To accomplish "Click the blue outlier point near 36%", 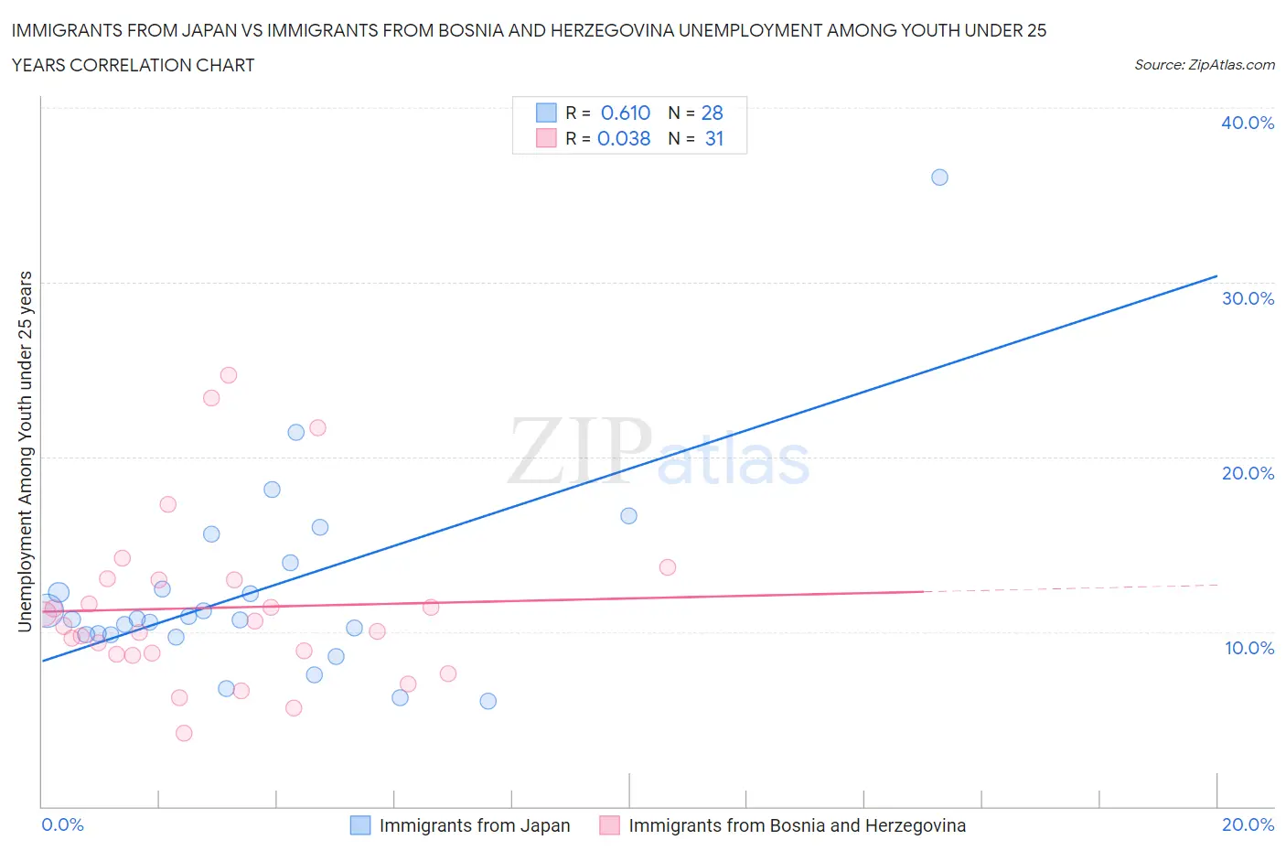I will (939, 178).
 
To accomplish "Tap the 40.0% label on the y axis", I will (1247, 123).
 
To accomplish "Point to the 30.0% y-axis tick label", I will (1248, 298).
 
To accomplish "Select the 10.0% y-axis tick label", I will (1248, 648).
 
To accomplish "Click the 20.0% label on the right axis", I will (1248, 473).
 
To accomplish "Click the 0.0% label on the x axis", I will (63, 824).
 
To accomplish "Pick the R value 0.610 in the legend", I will (625, 113).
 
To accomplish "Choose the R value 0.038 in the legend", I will (624, 138).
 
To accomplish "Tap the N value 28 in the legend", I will (712, 113).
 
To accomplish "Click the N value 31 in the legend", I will (713, 138).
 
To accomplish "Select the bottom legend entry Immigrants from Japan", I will (474, 825).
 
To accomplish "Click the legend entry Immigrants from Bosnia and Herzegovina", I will (796, 825).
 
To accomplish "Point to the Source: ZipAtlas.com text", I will (1204, 64).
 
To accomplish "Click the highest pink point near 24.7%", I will (229, 375).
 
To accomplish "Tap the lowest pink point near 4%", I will (184, 733).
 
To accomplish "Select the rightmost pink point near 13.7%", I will (668, 567).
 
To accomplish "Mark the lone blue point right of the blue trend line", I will (628, 516).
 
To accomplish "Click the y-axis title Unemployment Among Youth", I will (26, 450).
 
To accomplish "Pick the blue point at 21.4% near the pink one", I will (295, 432).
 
